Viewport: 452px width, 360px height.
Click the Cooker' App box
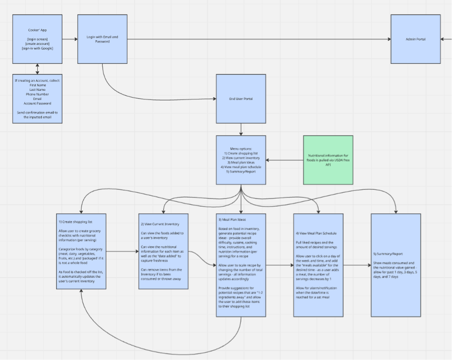pyautogui.click(x=37, y=39)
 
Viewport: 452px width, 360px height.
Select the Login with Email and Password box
pyautogui.click(x=102, y=39)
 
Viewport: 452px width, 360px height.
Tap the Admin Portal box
pyautogui.click(x=415, y=39)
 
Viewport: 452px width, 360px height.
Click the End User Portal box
pyautogui.click(x=241, y=99)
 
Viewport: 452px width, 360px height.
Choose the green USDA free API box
pyautogui.click(x=328, y=159)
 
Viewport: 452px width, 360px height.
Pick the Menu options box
pyautogui.click(x=241, y=159)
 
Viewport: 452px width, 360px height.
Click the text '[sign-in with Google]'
pyautogui.click(x=37, y=48)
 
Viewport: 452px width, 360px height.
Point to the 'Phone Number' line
pyautogui.click(x=37, y=94)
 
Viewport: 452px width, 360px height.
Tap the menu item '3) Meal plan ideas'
pyautogui.click(x=241, y=162)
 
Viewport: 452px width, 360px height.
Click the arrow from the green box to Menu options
pyautogui.click(x=284, y=160)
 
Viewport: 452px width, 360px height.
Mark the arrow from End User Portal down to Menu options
pyautogui.click(x=241, y=130)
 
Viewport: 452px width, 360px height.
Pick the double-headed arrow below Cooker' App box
pyautogui.click(x=37, y=69)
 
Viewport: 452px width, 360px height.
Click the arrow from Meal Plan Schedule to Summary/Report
pyautogui.click(x=357, y=265)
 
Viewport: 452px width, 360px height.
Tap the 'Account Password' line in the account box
pyautogui.click(x=37, y=103)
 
